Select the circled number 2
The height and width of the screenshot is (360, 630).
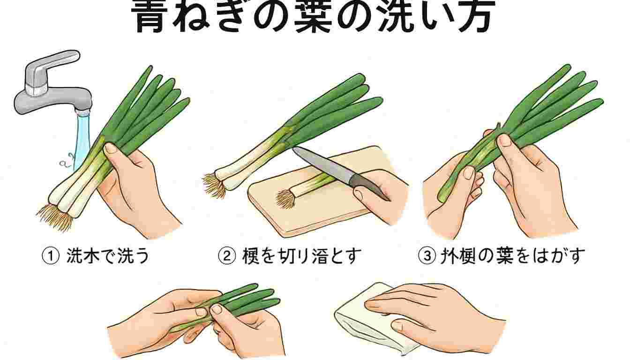226,256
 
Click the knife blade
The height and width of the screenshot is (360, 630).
323,165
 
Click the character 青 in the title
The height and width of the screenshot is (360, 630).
155,18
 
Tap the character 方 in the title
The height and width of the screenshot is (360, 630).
471,18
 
